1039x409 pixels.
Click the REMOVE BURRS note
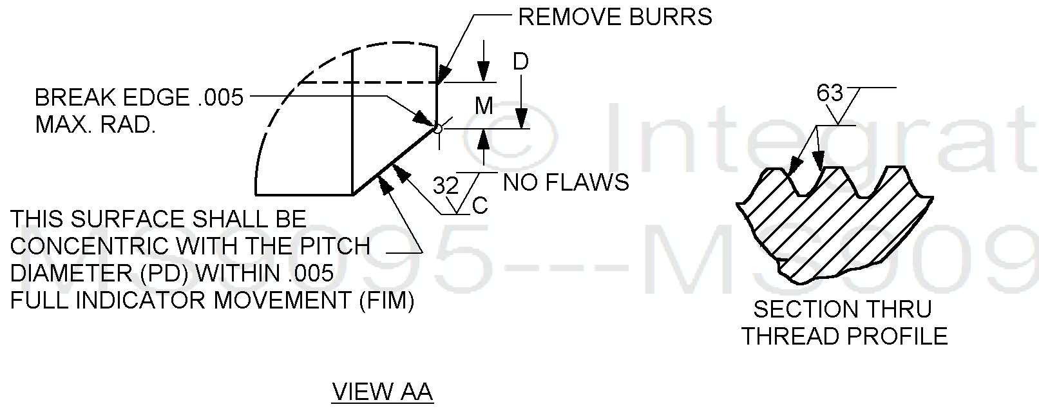tap(615, 17)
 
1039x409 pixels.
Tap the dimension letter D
tap(520, 62)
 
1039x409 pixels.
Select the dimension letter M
tap(484, 106)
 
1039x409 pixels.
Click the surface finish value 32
tap(446, 186)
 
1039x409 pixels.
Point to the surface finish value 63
tap(830, 94)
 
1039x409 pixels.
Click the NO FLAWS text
tap(566, 183)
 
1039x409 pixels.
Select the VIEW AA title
tap(382, 392)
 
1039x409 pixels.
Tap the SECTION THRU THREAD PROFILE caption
tap(844, 323)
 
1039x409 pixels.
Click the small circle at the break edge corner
tap(438, 129)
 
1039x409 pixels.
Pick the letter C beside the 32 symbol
tap(480, 206)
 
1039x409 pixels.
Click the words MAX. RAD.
tap(95, 125)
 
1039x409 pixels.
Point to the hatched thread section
tap(831, 225)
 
